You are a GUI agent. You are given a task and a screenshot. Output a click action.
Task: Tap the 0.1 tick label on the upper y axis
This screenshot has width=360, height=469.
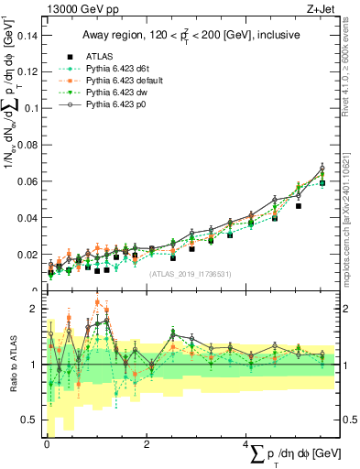click(x=32, y=108)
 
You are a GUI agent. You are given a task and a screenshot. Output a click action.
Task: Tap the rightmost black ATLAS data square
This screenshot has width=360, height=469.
click(x=322, y=183)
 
